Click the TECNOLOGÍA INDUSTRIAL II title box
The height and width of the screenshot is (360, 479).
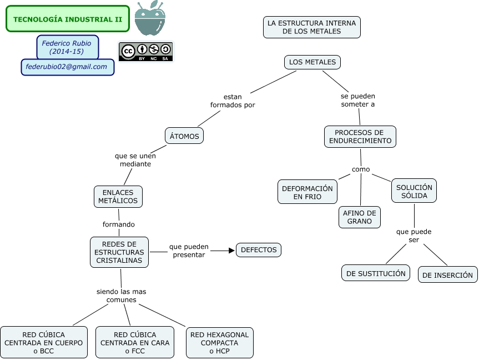pyautogui.click(x=68, y=19)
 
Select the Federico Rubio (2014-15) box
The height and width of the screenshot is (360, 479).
pyautogui.click(x=67, y=47)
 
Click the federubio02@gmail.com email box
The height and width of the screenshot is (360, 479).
pyautogui.click(x=67, y=67)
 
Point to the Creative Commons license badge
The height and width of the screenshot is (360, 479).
pyautogui.click(x=146, y=52)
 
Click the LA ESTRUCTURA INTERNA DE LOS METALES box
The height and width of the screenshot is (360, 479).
pyautogui.click(x=311, y=27)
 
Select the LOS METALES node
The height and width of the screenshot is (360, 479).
pyautogui.click(x=312, y=62)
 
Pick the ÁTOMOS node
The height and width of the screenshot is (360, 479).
pyautogui.click(x=185, y=136)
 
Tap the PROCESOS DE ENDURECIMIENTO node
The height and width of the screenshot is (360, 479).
pyautogui.click(x=360, y=137)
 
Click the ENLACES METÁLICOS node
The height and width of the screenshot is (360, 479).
pyautogui.click(x=118, y=197)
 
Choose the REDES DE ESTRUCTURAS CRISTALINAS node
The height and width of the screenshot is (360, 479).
pyautogui.click(x=119, y=252)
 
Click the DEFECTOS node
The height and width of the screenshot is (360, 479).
pyautogui.click(x=259, y=250)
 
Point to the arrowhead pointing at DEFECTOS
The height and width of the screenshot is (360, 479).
pyautogui.click(x=231, y=251)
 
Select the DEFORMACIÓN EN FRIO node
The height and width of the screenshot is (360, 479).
pyautogui.click(x=307, y=192)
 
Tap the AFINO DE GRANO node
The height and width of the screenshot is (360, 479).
pyautogui.click(x=360, y=217)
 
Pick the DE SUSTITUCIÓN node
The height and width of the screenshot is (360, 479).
pyautogui.click(x=376, y=273)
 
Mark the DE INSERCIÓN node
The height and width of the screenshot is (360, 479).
pyautogui.click(x=447, y=274)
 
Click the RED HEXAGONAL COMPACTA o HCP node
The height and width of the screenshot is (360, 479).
pyautogui.click(x=219, y=343)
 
